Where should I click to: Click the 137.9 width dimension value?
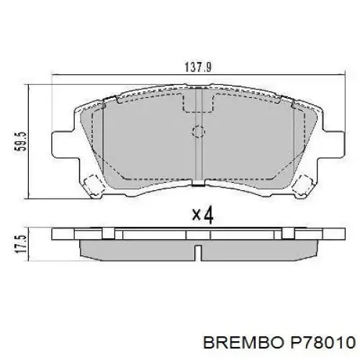pyautogui.click(x=198, y=67)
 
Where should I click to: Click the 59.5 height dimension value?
pyautogui.click(x=20, y=141)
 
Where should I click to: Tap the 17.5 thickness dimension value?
pyautogui.click(x=20, y=244)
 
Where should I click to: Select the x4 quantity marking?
pyautogui.click(x=203, y=215)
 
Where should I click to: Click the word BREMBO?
pyautogui.click(x=243, y=342)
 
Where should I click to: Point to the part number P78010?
pyautogui.click(x=323, y=342)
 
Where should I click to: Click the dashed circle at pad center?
pyautogui.click(x=199, y=132)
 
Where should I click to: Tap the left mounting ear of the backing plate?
pyautogui.click(x=66, y=145)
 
